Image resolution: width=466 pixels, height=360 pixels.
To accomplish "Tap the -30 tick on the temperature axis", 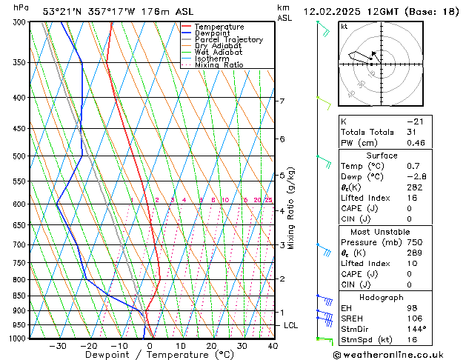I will click(58, 346).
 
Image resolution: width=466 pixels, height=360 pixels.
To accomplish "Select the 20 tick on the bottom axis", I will click(211, 346).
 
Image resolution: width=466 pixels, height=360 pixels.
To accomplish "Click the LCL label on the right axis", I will click(291, 325).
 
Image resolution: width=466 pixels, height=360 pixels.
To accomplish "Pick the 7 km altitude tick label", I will click(282, 101).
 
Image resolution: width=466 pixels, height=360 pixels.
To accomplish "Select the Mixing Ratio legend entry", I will click(219, 65).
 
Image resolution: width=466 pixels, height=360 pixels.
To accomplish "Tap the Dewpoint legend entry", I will click(211, 33).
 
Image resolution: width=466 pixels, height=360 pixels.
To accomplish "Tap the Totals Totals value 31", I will click(411, 132).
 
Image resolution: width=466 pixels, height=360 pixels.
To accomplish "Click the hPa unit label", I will click(21, 7).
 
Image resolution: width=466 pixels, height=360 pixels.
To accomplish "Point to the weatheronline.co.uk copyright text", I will click(393, 353).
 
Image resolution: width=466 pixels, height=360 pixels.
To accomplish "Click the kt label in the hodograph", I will click(344, 27).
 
